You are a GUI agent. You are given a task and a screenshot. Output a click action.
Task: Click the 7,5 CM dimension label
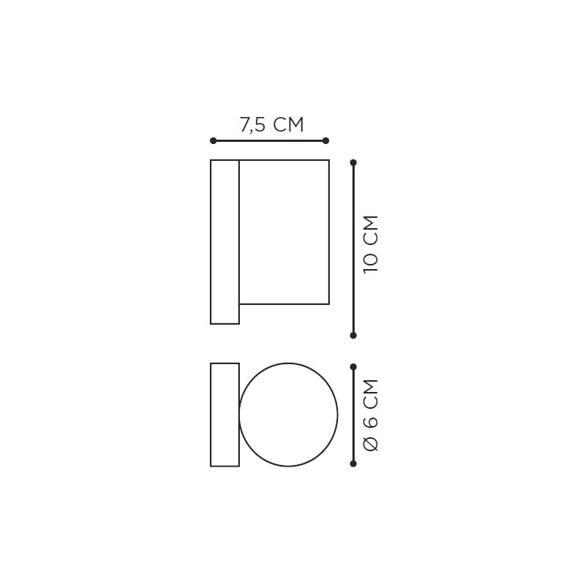(x=271, y=124)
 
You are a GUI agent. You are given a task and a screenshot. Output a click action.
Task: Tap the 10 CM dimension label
(x=371, y=244)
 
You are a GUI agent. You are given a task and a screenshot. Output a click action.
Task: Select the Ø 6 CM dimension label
(x=371, y=415)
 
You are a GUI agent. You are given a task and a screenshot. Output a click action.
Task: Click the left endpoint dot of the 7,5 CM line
(x=213, y=140)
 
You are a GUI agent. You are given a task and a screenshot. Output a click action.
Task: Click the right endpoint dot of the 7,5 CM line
(x=325, y=140)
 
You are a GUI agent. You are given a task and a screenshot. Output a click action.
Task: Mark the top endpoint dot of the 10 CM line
(x=353, y=162)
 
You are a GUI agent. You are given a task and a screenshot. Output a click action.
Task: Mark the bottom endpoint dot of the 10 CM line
(x=353, y=336)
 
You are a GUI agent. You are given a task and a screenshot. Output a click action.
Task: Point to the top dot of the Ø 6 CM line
(x=353, y=367)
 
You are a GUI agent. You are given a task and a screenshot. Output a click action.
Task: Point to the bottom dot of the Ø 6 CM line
(x=353, y=464)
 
